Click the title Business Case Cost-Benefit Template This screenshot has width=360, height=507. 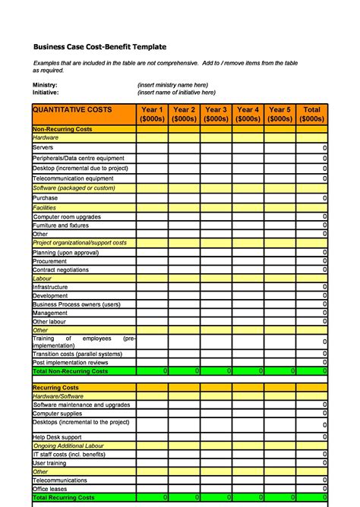pos(99,47)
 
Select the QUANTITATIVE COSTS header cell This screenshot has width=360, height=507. pos(72,110)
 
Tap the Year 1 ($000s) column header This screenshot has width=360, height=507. pos(152,114)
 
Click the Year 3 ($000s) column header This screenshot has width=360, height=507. pos(216,114)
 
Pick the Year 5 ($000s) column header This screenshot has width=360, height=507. pos(279,114)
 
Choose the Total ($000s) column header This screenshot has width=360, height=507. pos(311,114)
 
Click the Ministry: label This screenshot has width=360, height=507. pos(45,85)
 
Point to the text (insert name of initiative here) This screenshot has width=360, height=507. pos(176,93)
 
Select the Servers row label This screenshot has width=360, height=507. pos(43,148)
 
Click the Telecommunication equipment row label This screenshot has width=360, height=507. pos(73,178)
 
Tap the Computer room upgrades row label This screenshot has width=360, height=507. pos(67,216)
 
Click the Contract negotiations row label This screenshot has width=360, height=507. pos(61,269)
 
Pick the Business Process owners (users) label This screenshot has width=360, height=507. pos(76,304)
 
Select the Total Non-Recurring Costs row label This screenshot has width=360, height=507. pos(70,371)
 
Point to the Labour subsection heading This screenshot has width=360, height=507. pos(43,279)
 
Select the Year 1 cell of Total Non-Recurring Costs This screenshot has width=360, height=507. pos(152,371)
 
